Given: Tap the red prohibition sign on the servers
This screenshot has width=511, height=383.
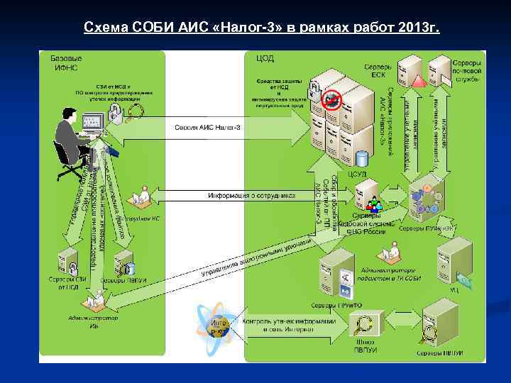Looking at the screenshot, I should pyautogui.click(x=330, y=100).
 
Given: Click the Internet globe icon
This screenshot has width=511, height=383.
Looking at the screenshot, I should pyautogui.click(x=219, y=326).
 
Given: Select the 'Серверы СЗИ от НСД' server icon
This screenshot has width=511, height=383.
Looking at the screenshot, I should pyautogui.click(x=70, y=259).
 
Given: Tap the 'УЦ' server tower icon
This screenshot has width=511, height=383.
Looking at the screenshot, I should pyautogui.click(x=453, y=259).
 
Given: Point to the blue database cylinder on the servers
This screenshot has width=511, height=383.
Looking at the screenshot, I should pyautogui.click(x=362, y=158).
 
